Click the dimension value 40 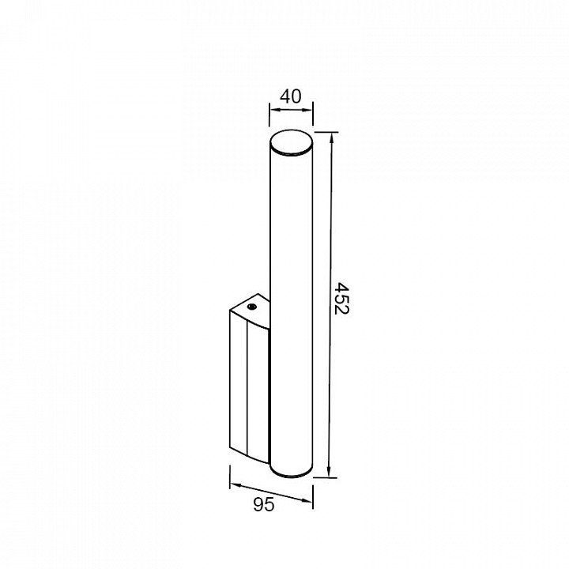coord(290,96)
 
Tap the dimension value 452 coord(341,298)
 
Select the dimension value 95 coord(263,504)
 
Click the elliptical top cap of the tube coord(291,143)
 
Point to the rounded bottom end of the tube coord(291,472)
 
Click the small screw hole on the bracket coord(251,307)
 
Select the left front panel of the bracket coord(238,381)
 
